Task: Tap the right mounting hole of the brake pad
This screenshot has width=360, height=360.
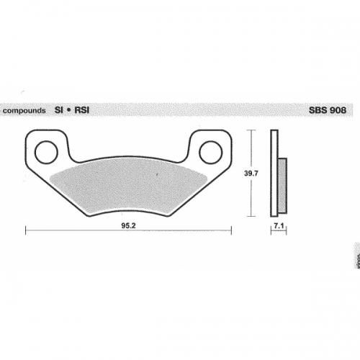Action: tap(210, 151)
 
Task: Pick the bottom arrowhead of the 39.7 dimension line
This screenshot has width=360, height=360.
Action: tap(251, 215)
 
